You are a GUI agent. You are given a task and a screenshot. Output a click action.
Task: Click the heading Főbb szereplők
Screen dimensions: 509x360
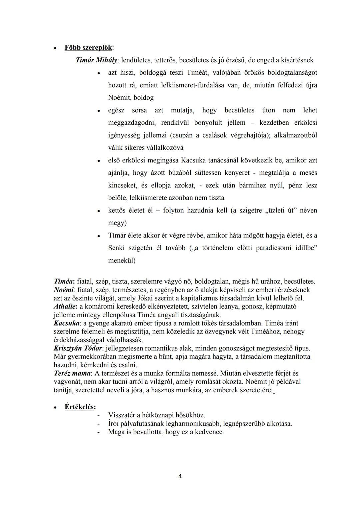(x=88, y=48)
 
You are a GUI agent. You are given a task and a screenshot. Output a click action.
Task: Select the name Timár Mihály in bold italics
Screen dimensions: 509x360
(x=97, y=60)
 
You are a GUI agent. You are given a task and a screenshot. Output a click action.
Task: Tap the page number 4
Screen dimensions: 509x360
(x=180, y=476)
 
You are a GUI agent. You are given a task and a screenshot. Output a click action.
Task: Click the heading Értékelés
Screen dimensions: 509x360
(x=80, y=407)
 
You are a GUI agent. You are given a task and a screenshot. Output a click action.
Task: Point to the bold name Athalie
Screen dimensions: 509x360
(x=65, y=306)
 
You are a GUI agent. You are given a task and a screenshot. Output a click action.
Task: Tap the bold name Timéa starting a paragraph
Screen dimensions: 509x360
(x=64, y=281)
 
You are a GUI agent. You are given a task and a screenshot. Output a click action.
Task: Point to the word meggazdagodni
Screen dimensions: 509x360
(x=131, y=123)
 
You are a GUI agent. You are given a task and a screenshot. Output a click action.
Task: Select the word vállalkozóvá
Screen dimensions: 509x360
(x=165, y=148)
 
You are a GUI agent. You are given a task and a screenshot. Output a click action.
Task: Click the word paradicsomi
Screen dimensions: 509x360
(x=273, y=248)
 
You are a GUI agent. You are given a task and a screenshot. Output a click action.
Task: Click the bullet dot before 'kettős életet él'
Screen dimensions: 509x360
(x=99, y=211)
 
